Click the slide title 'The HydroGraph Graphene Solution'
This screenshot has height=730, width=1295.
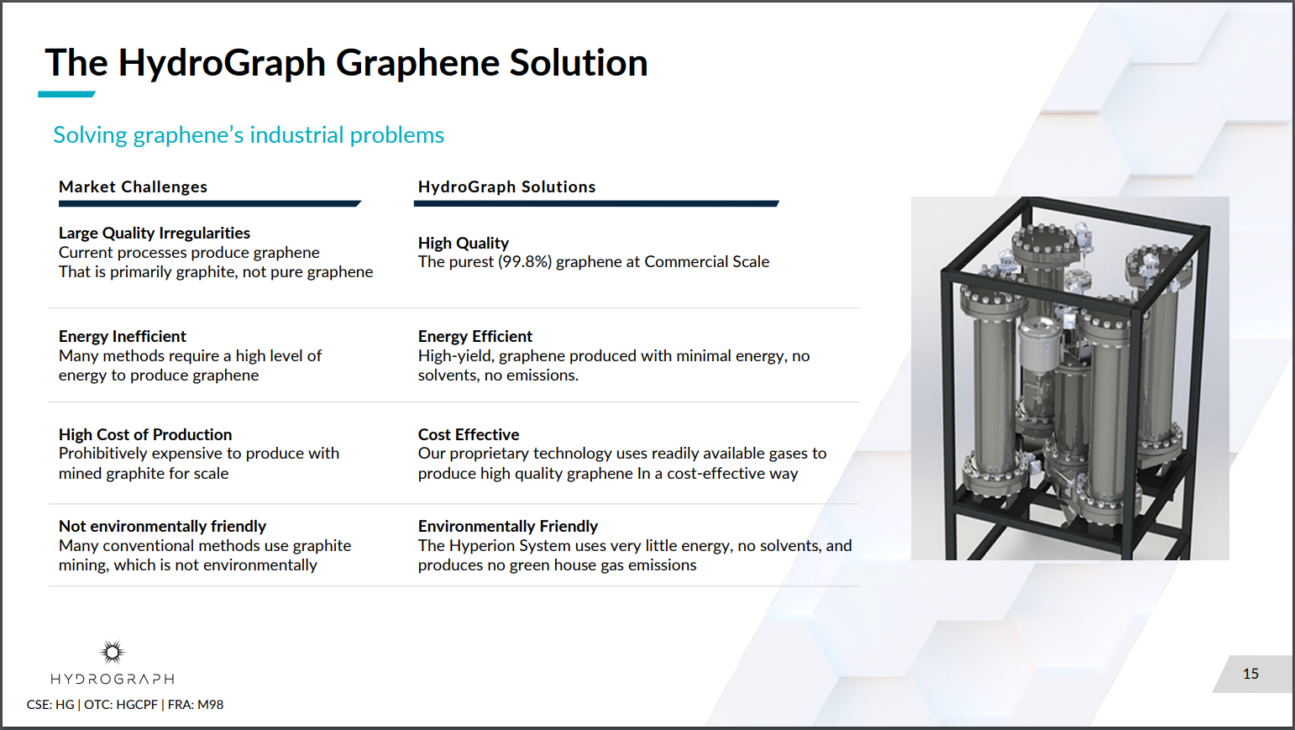point(346,63)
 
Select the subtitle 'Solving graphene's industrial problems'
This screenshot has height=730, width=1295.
point(249,135)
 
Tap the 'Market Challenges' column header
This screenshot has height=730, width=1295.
point(133,186)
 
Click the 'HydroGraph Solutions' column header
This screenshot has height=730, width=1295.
point(506,186)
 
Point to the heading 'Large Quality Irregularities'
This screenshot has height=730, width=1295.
point(155,233)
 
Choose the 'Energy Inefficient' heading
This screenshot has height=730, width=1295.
point(123,336)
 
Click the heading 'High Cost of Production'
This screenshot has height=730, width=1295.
point(145,434)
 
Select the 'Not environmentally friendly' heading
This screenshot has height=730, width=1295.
point(162,526)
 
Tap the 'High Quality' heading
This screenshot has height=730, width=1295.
point(464,243)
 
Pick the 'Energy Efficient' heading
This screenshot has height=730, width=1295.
point(475,336)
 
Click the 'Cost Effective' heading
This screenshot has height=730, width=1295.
point(469,434)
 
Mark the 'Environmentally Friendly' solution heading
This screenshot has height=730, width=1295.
point(508,526)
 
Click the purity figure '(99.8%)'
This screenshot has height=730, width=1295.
point(525,262)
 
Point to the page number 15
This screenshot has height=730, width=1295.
point(1250,674)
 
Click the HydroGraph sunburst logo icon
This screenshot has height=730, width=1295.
point(113,652)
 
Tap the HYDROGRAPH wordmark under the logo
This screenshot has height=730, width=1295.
point(113,679)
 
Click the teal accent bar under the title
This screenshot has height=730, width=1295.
point(66,94)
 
